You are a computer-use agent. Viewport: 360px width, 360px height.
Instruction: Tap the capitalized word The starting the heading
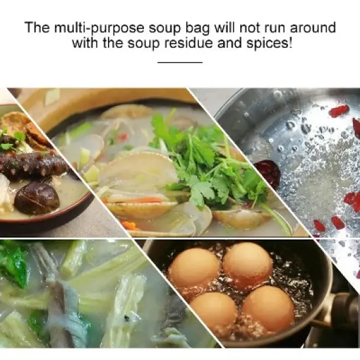[x=37, y=29]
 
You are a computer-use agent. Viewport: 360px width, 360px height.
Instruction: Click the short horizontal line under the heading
[x=180, y=62]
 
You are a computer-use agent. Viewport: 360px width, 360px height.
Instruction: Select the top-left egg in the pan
[x=194, y=267]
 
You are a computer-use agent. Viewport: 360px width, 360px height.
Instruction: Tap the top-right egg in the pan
[x=247, y=263]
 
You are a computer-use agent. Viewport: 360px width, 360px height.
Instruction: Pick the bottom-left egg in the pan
[x=214, y=312]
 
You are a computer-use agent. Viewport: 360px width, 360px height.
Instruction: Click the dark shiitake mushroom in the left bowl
[x=37, y=197]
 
